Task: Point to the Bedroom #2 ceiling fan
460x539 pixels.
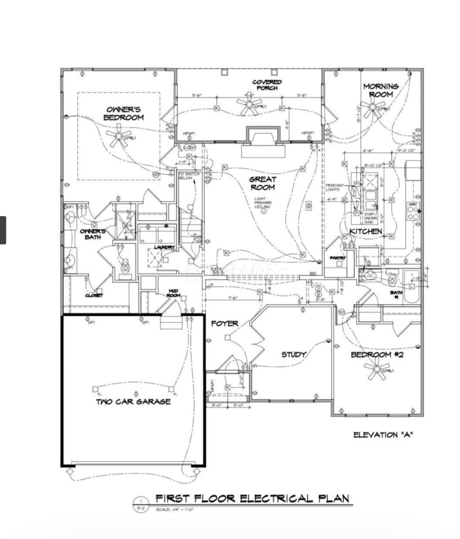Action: click(377, 369)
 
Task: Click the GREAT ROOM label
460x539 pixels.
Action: click(262, 183)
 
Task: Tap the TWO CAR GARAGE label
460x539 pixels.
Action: click(133, 401)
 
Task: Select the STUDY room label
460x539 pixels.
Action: click(293, 354)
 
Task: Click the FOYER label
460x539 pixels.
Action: click(225, 324)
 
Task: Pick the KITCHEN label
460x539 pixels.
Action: click(366, 231)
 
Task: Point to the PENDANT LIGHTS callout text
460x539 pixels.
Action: click(335, 187)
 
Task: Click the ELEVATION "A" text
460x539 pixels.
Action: click(383, 434)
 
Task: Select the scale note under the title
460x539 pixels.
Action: click(174, 509)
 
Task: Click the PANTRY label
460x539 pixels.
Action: click(338, 258)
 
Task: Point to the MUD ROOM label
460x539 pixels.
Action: click(173, 293)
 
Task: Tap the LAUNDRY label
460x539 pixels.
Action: click(164, 247)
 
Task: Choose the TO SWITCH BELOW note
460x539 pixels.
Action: click(189, 176)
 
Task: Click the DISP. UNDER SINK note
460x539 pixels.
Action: click(370, 218)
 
